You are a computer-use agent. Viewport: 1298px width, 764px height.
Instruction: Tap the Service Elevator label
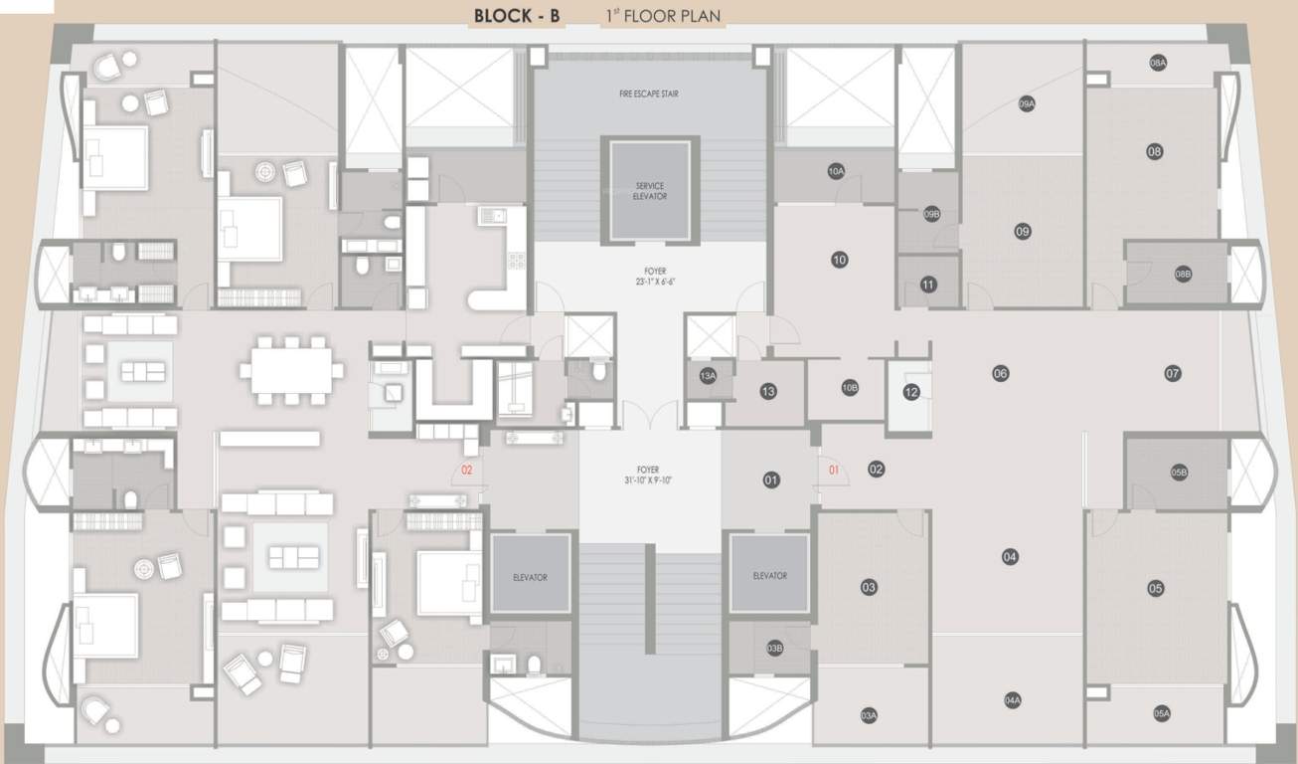pyautogui.click(x=650, y=191)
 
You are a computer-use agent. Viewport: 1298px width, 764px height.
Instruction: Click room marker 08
pyautogui.click(x=1154, y=152)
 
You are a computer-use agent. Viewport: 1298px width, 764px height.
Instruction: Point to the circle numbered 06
pyautogui.click(x=1000, y=373)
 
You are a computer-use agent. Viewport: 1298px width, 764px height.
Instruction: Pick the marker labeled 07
pyautogui.click(x=1173, y=373)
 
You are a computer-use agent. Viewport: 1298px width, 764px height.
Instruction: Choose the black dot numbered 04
pyautogui.click(x=1010, y=557)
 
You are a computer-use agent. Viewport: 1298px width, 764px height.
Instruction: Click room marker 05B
pyautogui.click(x=1179, y=473)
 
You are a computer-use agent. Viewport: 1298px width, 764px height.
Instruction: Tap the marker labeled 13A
pyautogui.click(x=708, y=376)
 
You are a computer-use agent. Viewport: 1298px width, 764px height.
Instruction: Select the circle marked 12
pyautogui.click(x=911, y=392)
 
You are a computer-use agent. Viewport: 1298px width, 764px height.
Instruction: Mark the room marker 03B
pyautogui.click(x=775, y=649)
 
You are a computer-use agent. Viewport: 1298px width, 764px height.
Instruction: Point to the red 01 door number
pyautogui.click(x=834, y=469)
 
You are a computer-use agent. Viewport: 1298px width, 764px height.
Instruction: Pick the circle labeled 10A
pyautogui.click(x=836, y=171)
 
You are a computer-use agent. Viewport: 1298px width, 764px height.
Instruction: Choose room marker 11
pyautogui.click(x=928, y=285)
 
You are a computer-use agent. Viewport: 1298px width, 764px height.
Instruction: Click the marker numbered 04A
pyautogui.click(x=1013, y=700)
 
